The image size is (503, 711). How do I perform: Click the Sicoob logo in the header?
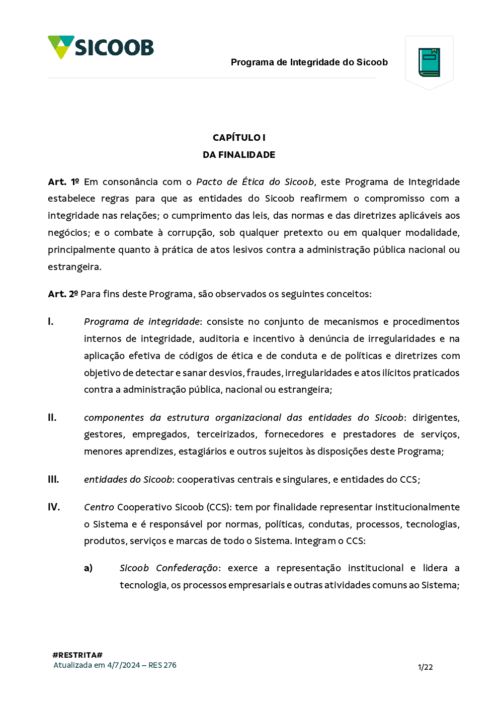[101, 47]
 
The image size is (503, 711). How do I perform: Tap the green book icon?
[429, 62]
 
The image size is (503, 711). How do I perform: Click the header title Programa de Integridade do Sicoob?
[309, 62]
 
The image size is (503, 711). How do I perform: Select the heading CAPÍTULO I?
[239, 138]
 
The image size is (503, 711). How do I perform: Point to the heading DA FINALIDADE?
[239, 155]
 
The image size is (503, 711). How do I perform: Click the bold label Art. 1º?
[63, 182]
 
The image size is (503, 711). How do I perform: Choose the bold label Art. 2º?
[63, 294]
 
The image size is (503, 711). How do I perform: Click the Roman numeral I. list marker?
[51, 322]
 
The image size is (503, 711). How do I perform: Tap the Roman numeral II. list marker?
[52, 418]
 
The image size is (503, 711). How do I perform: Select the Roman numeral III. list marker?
[53, 480]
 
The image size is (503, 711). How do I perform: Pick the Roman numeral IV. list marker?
[54, 507]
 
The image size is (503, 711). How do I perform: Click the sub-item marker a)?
[89, 568]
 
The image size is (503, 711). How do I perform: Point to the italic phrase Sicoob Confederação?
[169, 568]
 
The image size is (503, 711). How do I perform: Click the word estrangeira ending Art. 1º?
[74, 267]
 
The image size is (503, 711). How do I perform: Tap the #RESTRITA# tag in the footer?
[77, 655]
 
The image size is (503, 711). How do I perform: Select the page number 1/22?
[425, 667]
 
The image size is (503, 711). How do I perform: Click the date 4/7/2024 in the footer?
[123, 665]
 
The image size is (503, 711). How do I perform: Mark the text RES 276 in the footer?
[162, 665]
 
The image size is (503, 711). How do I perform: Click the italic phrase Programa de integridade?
[142, 322]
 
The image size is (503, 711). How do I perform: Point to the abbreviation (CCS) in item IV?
[218, 507]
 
